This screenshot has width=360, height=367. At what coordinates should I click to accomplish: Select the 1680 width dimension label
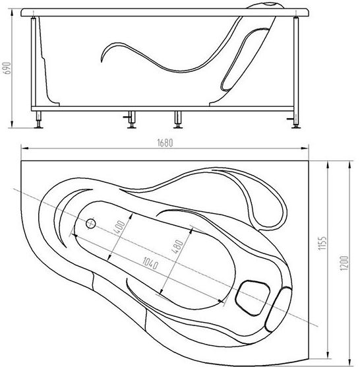pos(165,143)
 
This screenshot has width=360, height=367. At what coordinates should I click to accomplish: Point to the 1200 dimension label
pos(344,263)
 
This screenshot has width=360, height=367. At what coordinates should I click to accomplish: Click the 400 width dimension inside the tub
pos(119,227)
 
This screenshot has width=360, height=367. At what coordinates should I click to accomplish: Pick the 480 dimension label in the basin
pos(177,247)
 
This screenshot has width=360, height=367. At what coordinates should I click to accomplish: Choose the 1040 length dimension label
pos(150,263)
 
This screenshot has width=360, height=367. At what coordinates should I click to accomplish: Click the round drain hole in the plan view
pos(91,224)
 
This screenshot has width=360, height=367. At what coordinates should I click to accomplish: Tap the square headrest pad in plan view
pos(253,298)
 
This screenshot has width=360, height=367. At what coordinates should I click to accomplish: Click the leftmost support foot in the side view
pos(38,120)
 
